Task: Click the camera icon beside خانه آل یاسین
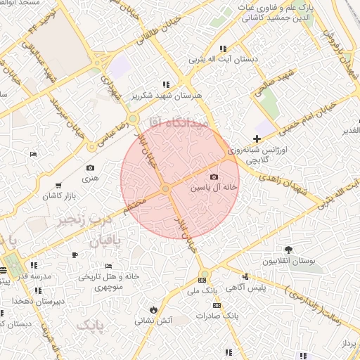214,177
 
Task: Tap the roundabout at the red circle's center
165,188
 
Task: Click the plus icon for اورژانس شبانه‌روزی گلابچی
257,139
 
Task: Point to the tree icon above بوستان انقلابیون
288,250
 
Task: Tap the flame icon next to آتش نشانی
153,309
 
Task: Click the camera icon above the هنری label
90,168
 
